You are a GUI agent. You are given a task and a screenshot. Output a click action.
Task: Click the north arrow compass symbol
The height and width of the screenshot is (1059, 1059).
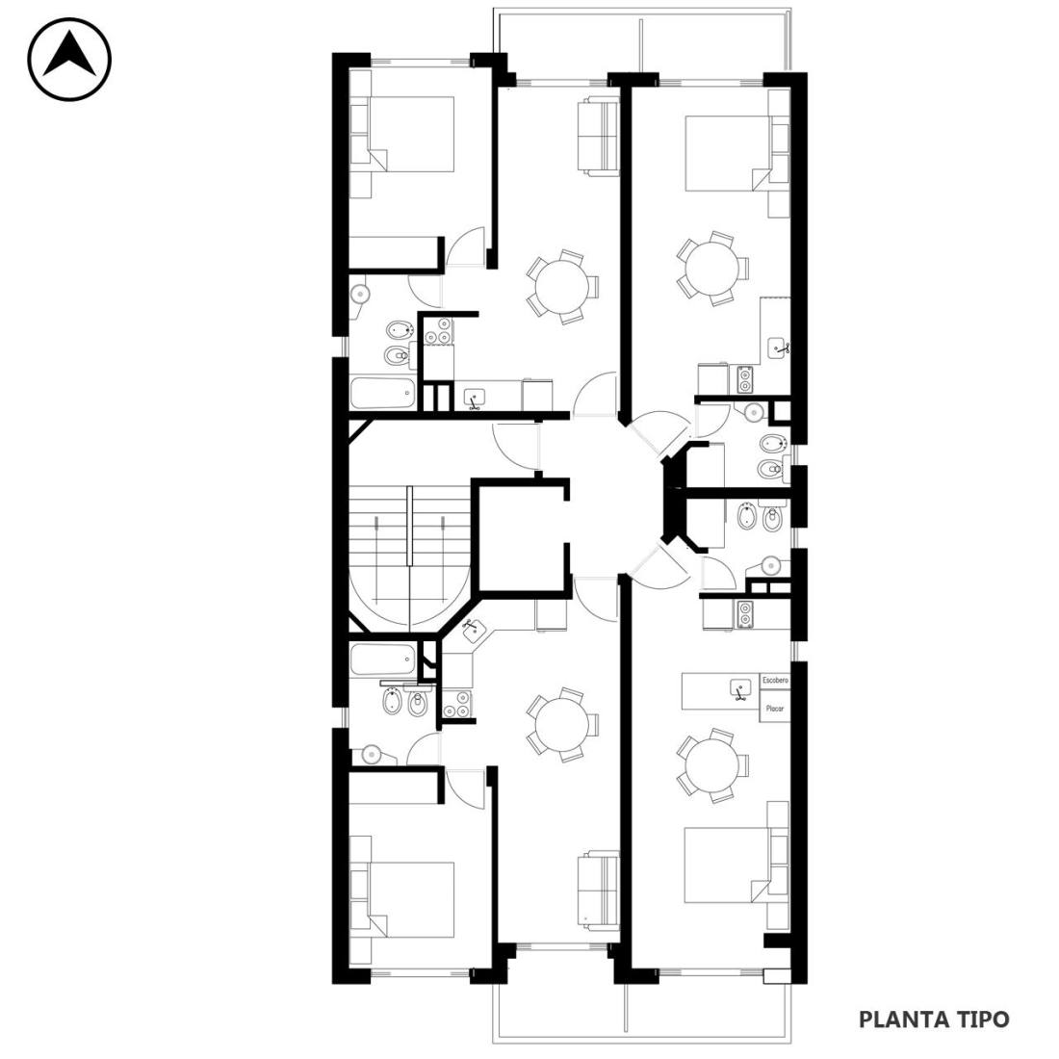[x=69, y=60]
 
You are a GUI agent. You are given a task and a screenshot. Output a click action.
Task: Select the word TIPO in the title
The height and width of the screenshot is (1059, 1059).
[x=983, y=1020]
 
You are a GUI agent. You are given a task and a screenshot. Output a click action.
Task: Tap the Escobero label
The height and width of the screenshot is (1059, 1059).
[x=775, y=680]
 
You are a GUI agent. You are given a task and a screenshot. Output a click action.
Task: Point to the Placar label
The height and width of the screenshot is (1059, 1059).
[x=775, y=709]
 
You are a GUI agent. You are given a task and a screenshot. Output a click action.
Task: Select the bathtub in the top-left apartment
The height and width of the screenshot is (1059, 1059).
[x=382, y=393]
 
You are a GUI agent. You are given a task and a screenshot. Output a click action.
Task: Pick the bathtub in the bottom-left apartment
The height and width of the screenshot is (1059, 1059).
[x=382, y=659]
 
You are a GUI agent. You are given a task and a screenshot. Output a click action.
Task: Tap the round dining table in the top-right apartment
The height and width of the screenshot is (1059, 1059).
[x=711, y=269]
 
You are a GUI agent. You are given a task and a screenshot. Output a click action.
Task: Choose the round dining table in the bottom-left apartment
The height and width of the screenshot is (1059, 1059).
[x=562, y=725]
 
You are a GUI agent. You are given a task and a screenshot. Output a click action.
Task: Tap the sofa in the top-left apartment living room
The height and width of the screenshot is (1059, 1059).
[x=598, y=139]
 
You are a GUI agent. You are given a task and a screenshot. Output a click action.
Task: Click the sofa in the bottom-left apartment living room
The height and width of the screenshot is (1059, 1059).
[x=598, y=889]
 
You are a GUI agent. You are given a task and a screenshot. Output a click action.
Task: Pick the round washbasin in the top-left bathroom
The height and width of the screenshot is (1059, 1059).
[x=361, y=295]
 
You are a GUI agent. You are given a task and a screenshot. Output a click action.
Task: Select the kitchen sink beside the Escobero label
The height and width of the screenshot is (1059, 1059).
[x=741, y=689]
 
